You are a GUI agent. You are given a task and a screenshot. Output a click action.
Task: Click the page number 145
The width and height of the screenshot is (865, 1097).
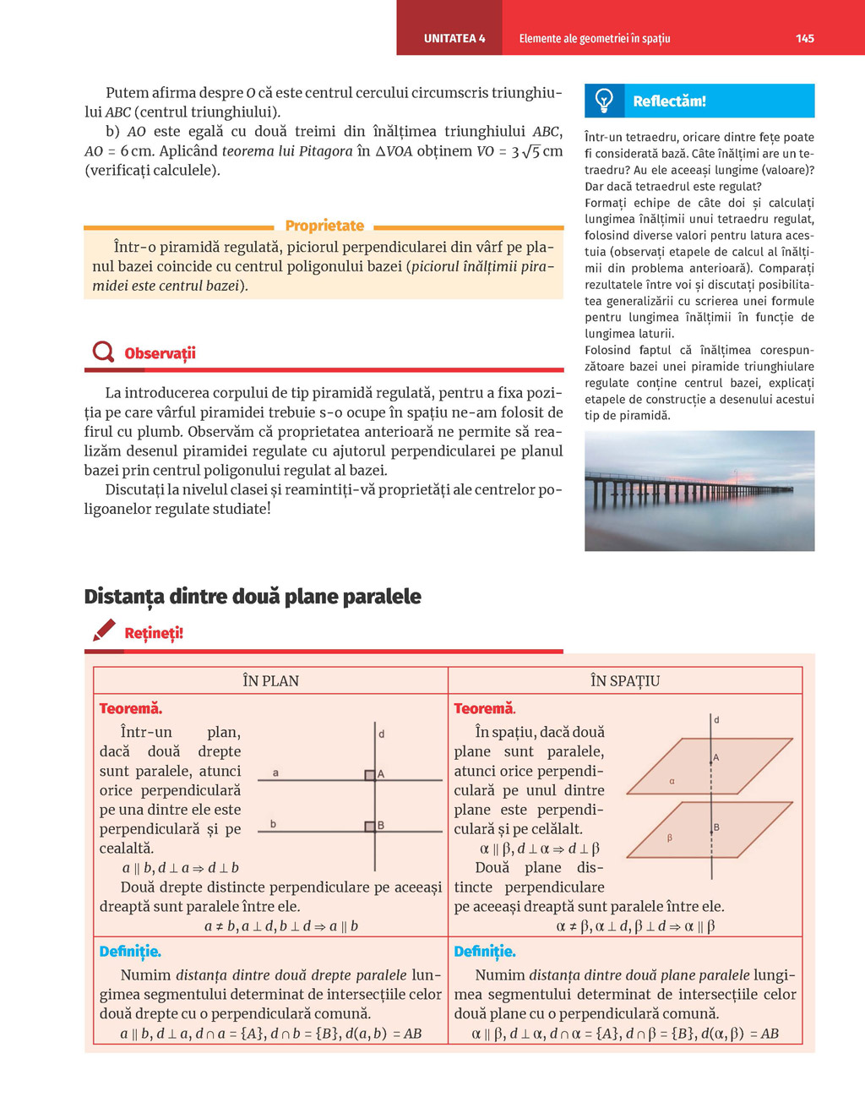[804, 38]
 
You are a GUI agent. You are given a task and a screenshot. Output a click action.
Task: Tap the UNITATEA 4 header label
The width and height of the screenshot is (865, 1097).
[454, 38]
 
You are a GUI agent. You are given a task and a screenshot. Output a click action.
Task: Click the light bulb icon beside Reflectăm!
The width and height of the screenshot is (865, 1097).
[604, 101]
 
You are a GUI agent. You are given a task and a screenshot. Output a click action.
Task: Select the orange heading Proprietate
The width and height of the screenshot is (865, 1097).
[324, 226]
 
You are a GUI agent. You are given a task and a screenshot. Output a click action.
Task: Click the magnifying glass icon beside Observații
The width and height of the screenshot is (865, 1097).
[103, 352]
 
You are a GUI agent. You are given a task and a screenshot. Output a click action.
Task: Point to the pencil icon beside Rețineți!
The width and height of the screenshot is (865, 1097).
[104, 630]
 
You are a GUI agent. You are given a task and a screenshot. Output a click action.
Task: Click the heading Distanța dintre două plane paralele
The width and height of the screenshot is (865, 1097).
[253, 597]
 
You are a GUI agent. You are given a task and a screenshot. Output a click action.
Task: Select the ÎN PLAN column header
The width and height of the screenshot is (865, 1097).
[270, 681]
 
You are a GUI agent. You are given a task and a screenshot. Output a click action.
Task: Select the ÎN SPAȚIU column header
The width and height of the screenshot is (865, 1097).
[625, 681]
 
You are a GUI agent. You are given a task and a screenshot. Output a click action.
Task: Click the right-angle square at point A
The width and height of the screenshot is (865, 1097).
[370, 775]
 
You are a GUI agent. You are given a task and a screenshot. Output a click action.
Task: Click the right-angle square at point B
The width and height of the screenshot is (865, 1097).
[370, 827]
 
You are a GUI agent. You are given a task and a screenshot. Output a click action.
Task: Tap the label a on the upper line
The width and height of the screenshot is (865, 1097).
[275, 773]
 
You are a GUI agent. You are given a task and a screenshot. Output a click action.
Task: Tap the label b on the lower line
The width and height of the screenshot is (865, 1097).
[273, 824]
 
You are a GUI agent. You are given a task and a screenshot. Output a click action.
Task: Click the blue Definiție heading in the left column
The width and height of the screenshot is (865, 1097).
[130, 952]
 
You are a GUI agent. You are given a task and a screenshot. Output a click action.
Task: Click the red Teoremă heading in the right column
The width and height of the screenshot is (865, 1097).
[485, 709]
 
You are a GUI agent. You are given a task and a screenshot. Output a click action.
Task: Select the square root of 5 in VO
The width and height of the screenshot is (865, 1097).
[530, 152]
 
